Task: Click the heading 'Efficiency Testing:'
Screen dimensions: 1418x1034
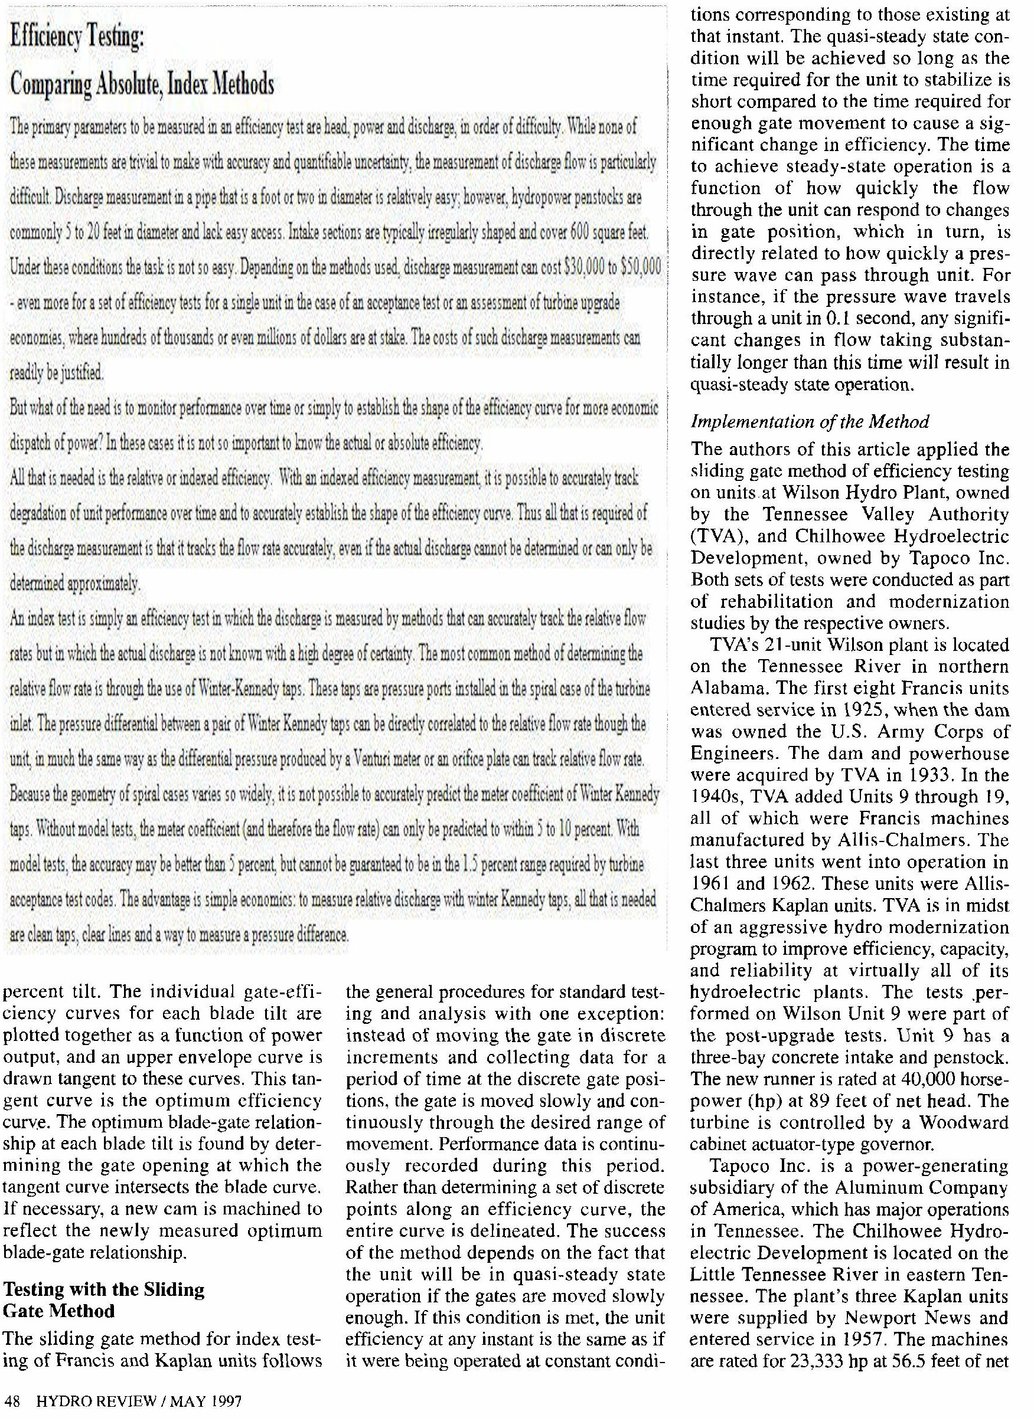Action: pyautogui.click(x=76, y=40)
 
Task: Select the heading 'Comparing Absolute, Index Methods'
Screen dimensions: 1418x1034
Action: pyautogui.click(x=142, y=83)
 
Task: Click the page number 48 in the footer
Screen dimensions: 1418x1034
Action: pyautogui.click(x=12, y=1400)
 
